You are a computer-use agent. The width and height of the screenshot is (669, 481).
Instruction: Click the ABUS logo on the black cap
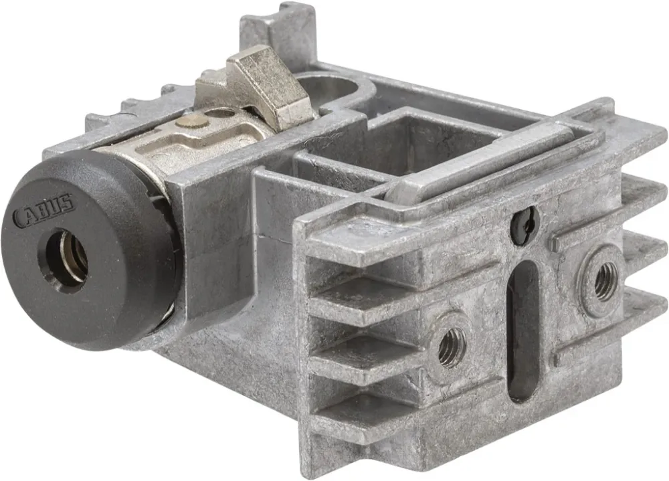[44, 210]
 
